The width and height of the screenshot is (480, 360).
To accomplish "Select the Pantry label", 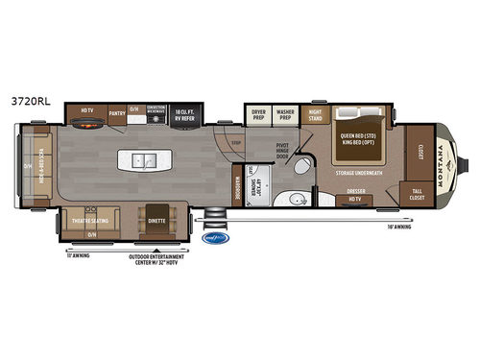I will (117, 113).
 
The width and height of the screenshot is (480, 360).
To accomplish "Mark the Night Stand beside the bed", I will (315, 114).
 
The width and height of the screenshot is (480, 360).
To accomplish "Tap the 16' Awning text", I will (397, 228).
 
